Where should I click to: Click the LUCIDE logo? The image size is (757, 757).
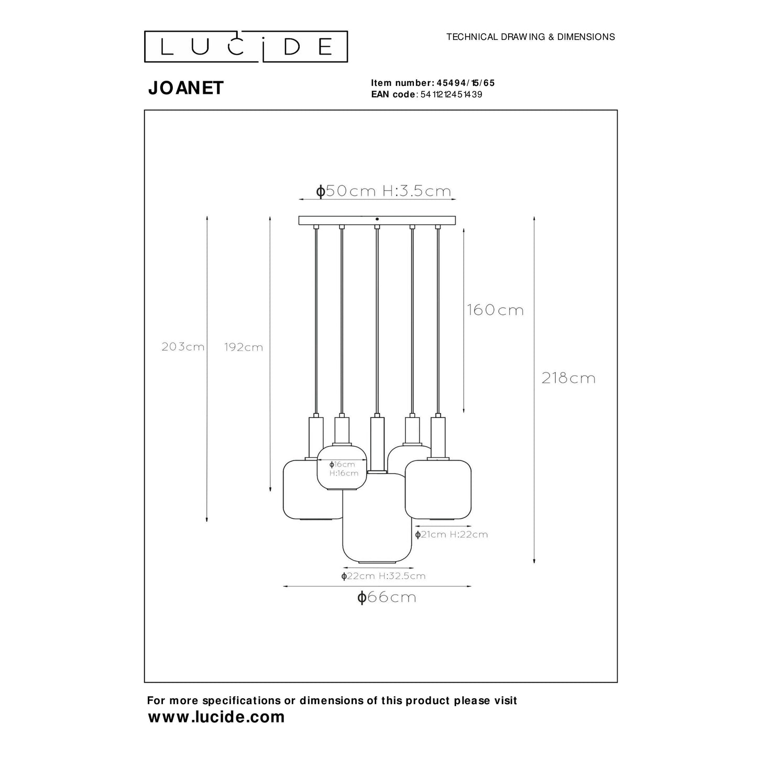(246, 46)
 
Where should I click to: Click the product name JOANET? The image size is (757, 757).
(185, 88)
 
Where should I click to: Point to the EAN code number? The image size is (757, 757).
(451, 95)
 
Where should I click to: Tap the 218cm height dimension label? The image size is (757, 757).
(568, 378)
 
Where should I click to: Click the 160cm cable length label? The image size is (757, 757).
(495, 310)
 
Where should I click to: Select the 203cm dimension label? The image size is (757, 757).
(183, 347)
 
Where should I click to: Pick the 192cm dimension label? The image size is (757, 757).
(243, 347)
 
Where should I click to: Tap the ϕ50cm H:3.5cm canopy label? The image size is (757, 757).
(383, 191)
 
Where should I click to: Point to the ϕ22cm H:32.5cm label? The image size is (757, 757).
(383, 576)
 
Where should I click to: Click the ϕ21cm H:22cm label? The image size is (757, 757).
(451, 534)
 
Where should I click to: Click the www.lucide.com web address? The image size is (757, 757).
(216, 717)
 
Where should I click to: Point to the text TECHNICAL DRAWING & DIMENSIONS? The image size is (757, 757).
(530, 37)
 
